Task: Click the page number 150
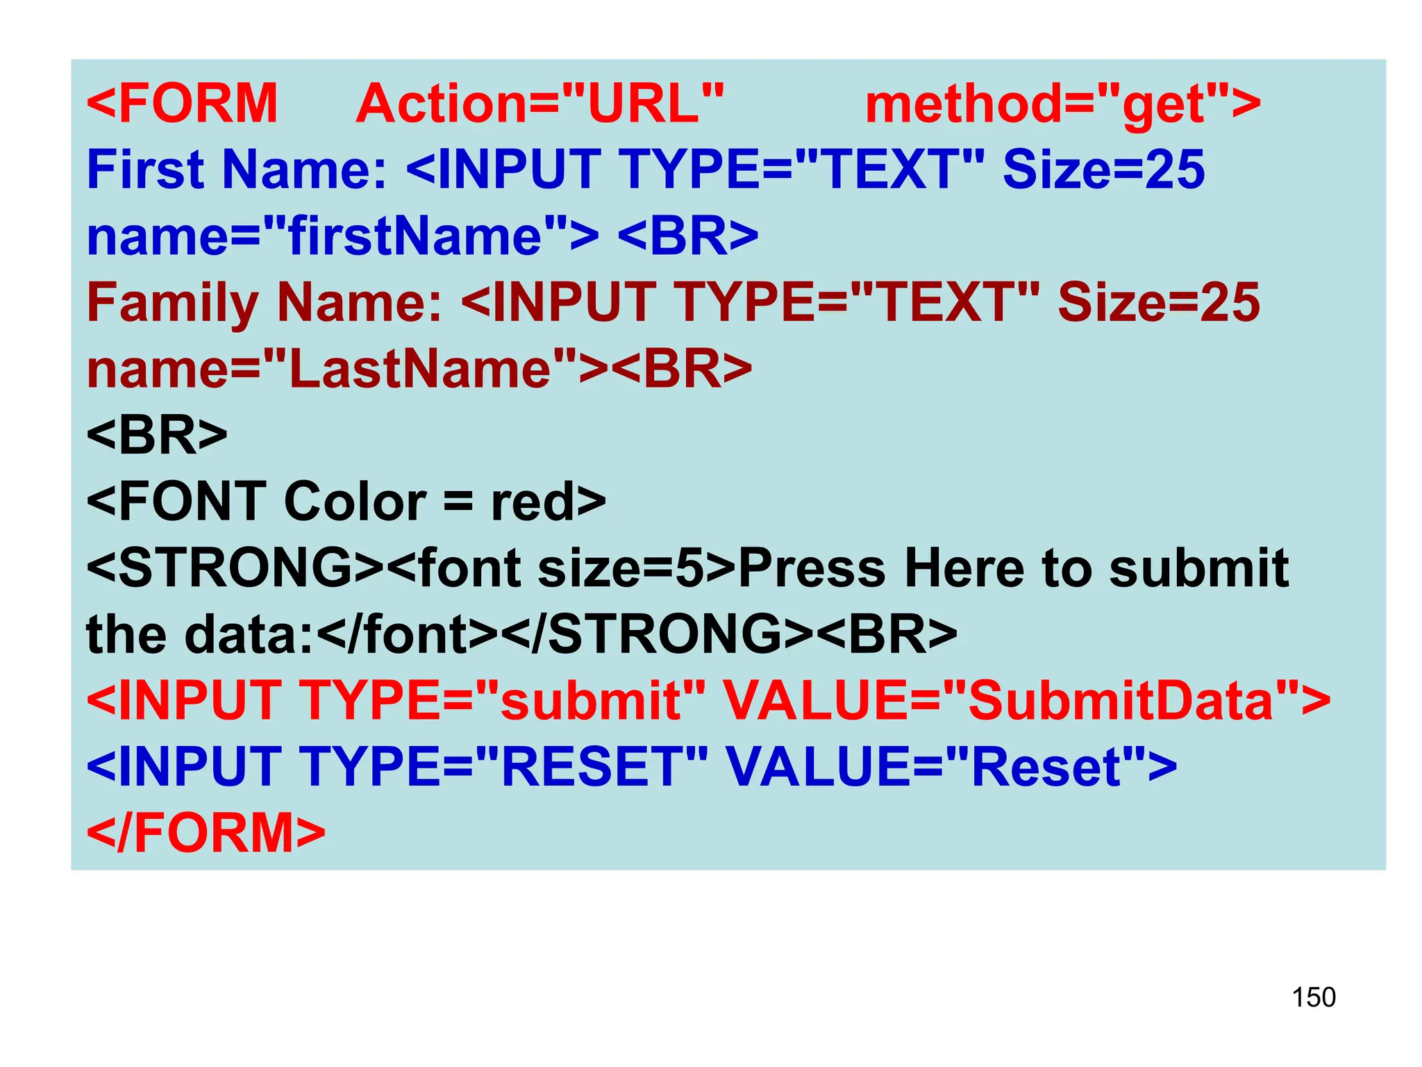(1313, 997)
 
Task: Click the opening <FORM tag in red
(182, 104)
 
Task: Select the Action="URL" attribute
(539, 104)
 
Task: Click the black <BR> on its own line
(157, 436)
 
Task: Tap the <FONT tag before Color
(176, 502)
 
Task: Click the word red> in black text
(548, 502)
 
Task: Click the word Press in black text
(812, 568)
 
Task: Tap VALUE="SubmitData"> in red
(1026, 700)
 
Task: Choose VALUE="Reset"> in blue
(951, 766)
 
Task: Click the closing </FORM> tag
(206, 832)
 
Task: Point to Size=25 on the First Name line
(1103, 169)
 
